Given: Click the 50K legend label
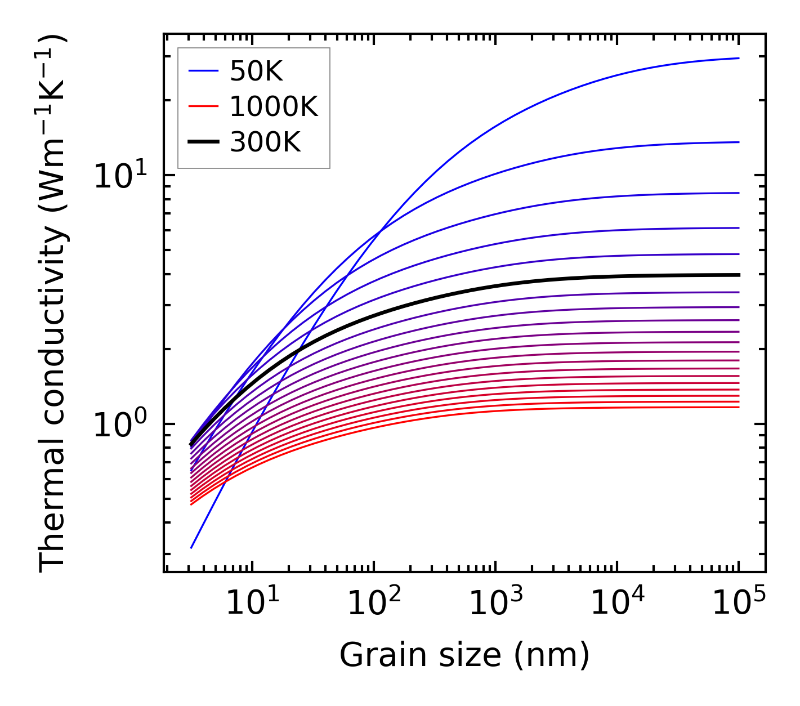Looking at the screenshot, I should (256, 71).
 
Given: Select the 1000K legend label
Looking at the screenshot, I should (274, 106).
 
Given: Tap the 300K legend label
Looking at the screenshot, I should (265, 142).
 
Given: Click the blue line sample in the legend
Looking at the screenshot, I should (203, 71).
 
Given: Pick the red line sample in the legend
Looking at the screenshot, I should (203, 106).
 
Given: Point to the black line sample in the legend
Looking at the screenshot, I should (203, 142).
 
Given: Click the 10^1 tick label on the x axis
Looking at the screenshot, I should (252, 604).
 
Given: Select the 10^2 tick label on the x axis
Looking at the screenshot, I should (374, 604).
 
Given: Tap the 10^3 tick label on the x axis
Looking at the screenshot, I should (495, 604).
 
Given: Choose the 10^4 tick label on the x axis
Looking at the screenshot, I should (617, 604).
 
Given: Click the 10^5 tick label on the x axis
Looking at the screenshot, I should (739, 604).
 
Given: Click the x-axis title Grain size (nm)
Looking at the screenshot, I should (464, 655).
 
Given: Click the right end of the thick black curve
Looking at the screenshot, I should (739, 275).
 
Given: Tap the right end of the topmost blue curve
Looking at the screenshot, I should (739, 58).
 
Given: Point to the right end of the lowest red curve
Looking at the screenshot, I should (739, 407).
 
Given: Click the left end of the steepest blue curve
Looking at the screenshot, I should (191, 547).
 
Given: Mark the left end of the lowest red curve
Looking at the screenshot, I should (191, 504).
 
